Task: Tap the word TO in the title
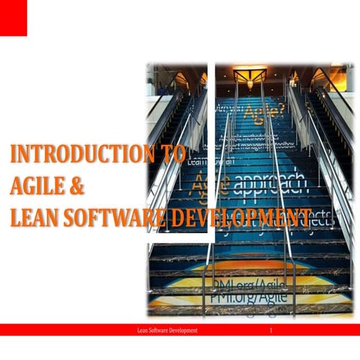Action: pos(172,154)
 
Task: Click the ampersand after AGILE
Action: pos(76,187)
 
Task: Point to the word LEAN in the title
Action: pos(34,218)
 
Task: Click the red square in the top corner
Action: pos(13,17)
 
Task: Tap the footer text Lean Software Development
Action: pos(163,330)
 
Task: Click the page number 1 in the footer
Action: pos(271,330)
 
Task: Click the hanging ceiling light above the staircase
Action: pos(250,76)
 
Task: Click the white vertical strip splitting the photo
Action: pos(211,150)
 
